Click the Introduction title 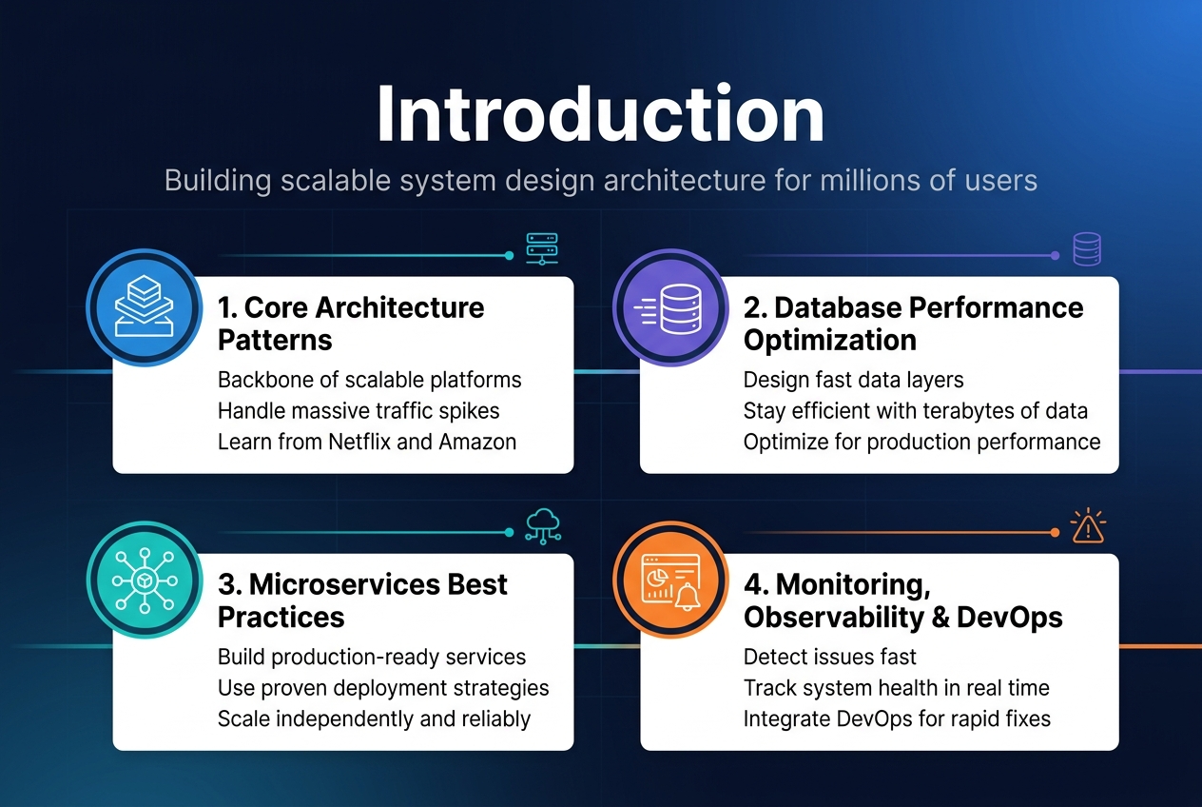tap(600, 115)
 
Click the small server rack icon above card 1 tap(543, 248)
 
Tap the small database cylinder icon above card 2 tap(1086, 249)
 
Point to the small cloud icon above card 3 tap(543, 525)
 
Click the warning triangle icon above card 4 tap(1086, 526)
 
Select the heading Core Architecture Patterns tap(351, 324)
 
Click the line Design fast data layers tap(853, 380)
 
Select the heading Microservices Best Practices tap(362, 600)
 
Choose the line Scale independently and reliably tap(374, 718)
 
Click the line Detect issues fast tap(829, 657)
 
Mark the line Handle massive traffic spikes tap(359, 411)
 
